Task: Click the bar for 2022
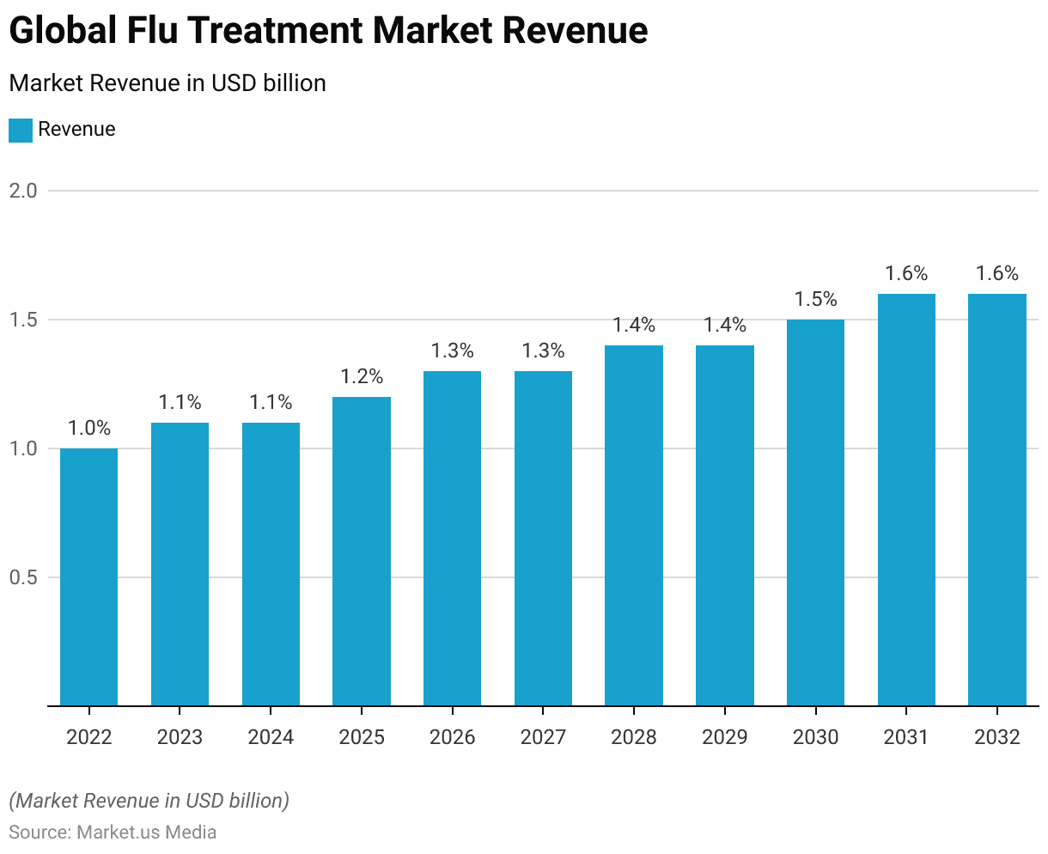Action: click(x=88, y=576)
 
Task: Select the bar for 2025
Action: click(x=362, y=551)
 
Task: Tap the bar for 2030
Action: click(x=815, y=512)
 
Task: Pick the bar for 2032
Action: click(x=996, y=499)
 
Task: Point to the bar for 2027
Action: click(x=543, y=538)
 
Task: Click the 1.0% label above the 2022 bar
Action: click(x=89, y=428)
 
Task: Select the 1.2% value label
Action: click(x=362, y=376)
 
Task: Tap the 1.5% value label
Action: click(x=815, y=299)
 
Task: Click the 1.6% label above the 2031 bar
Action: click(x=906, y=273)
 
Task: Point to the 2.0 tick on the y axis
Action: click(x=23, y=191)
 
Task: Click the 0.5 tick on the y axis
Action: click(x=23, y=577)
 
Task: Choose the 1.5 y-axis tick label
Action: click(x=23, y=320)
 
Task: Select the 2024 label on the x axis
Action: click(x=271, y=737)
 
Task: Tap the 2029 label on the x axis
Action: click(x=724, y=737)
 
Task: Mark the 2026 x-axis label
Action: click(x=452, y=737)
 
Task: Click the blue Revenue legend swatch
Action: click(x=21, y=130)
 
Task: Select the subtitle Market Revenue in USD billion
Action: click(x=168, y=83)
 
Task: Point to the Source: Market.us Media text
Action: click(x=113, y=832)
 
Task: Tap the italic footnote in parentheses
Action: click(x=149, y=801)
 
